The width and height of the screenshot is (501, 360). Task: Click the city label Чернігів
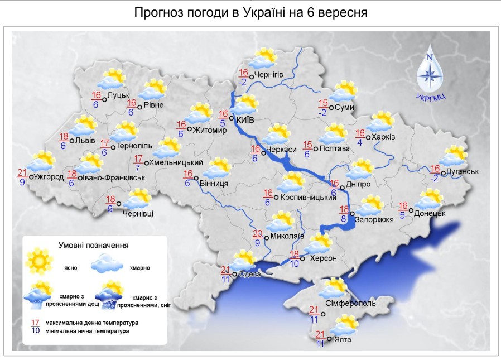(x=269, y=75)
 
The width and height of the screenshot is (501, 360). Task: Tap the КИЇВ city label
(x=245, y=119)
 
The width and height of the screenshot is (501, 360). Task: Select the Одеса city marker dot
(x=235, y=273)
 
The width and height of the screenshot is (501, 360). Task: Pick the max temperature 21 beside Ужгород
(x=22, y=172)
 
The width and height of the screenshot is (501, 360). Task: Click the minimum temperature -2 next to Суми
(x=324, y=112)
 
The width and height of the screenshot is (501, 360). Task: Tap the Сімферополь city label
(x=351, y=304)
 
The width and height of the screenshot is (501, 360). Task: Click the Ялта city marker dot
(x=329, y=339)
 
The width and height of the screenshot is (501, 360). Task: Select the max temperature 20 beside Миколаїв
(x=258, y=233)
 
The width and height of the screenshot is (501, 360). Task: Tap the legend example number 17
(x=35, y=323)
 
